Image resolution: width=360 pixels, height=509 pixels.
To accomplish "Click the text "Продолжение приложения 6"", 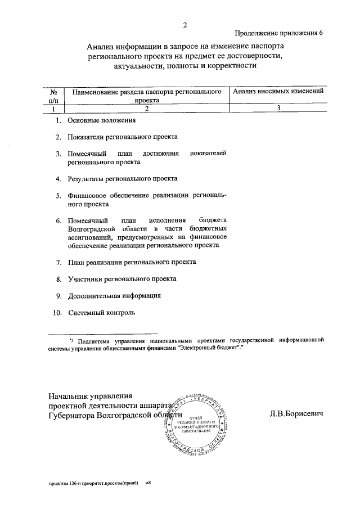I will click(279, 33).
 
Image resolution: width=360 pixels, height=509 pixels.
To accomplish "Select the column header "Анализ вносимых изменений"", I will click(278, 91).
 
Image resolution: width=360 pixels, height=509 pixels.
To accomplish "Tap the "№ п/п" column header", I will click(54, 96).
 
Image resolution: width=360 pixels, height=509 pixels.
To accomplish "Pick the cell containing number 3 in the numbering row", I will click(278, 109).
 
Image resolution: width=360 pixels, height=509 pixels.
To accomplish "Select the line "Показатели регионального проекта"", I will click(123, 137).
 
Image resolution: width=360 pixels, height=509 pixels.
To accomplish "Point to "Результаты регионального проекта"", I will click(122, 179).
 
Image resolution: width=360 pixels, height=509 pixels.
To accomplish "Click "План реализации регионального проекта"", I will click(132, 262).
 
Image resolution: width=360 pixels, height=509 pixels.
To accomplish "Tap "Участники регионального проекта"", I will click(122, 278).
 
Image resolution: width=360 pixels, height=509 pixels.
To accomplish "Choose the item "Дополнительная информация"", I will click(115, 295).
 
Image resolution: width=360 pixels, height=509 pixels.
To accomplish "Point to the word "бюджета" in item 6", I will click(213, 220).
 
